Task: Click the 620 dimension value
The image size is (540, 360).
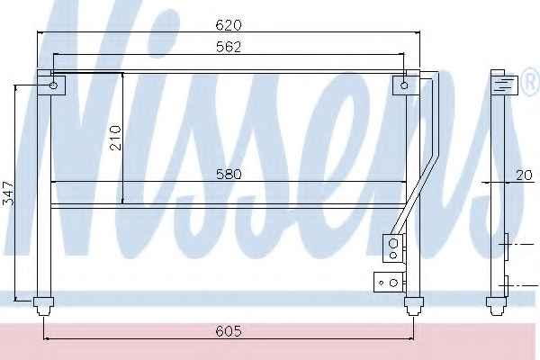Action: pyautogui.click(x=229, y=25)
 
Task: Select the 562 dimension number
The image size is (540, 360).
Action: pyautogui.click(x=229, y=47)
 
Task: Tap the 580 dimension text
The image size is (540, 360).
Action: pyautogui.click(x=229, y=174)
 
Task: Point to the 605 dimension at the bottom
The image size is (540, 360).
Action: pyautogui.click(x=229, y=331)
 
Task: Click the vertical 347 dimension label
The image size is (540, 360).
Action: pyautogui.click(x=9, y=193)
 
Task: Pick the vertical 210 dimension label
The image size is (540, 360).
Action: pyautogui.click(x=116, y=138)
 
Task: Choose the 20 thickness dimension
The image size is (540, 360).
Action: pyautogui.click(x=524, y=175)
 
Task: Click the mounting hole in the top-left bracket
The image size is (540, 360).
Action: pyautogui.click(x=53, y=85)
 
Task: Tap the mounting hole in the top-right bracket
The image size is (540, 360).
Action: pyautogui.click(x=405, y=85)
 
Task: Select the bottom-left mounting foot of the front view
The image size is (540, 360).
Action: pyautogui.click(x=43, y=306)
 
